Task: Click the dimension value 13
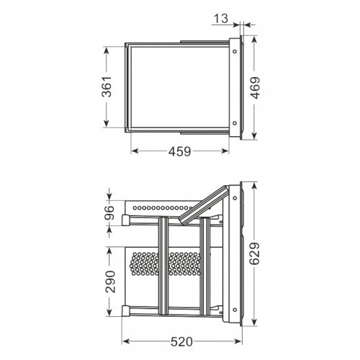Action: tap(221, 19)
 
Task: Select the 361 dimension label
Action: tap(107, 86)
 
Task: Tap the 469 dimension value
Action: tap(255, 88)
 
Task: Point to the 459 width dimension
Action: tap(179, 151)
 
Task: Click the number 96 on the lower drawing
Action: tap(109, 212)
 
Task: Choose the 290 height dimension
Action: tap(111, 282)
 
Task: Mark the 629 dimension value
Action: tap(255, 253)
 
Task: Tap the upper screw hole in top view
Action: tap(235, 51)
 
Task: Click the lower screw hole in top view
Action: tap(235, 123)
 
